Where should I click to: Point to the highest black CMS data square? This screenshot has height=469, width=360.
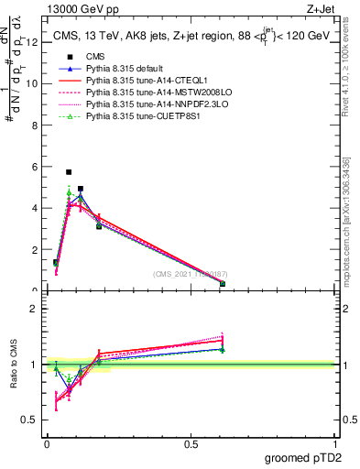tap(69, 171)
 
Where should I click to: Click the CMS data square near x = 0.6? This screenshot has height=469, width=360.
tap(223, 284)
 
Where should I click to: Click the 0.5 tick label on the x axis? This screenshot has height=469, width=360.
tap(191, 444)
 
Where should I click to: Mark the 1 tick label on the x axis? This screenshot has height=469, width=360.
tap(335, 444)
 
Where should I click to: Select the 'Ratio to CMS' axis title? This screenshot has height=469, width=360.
tap(13, 364)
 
